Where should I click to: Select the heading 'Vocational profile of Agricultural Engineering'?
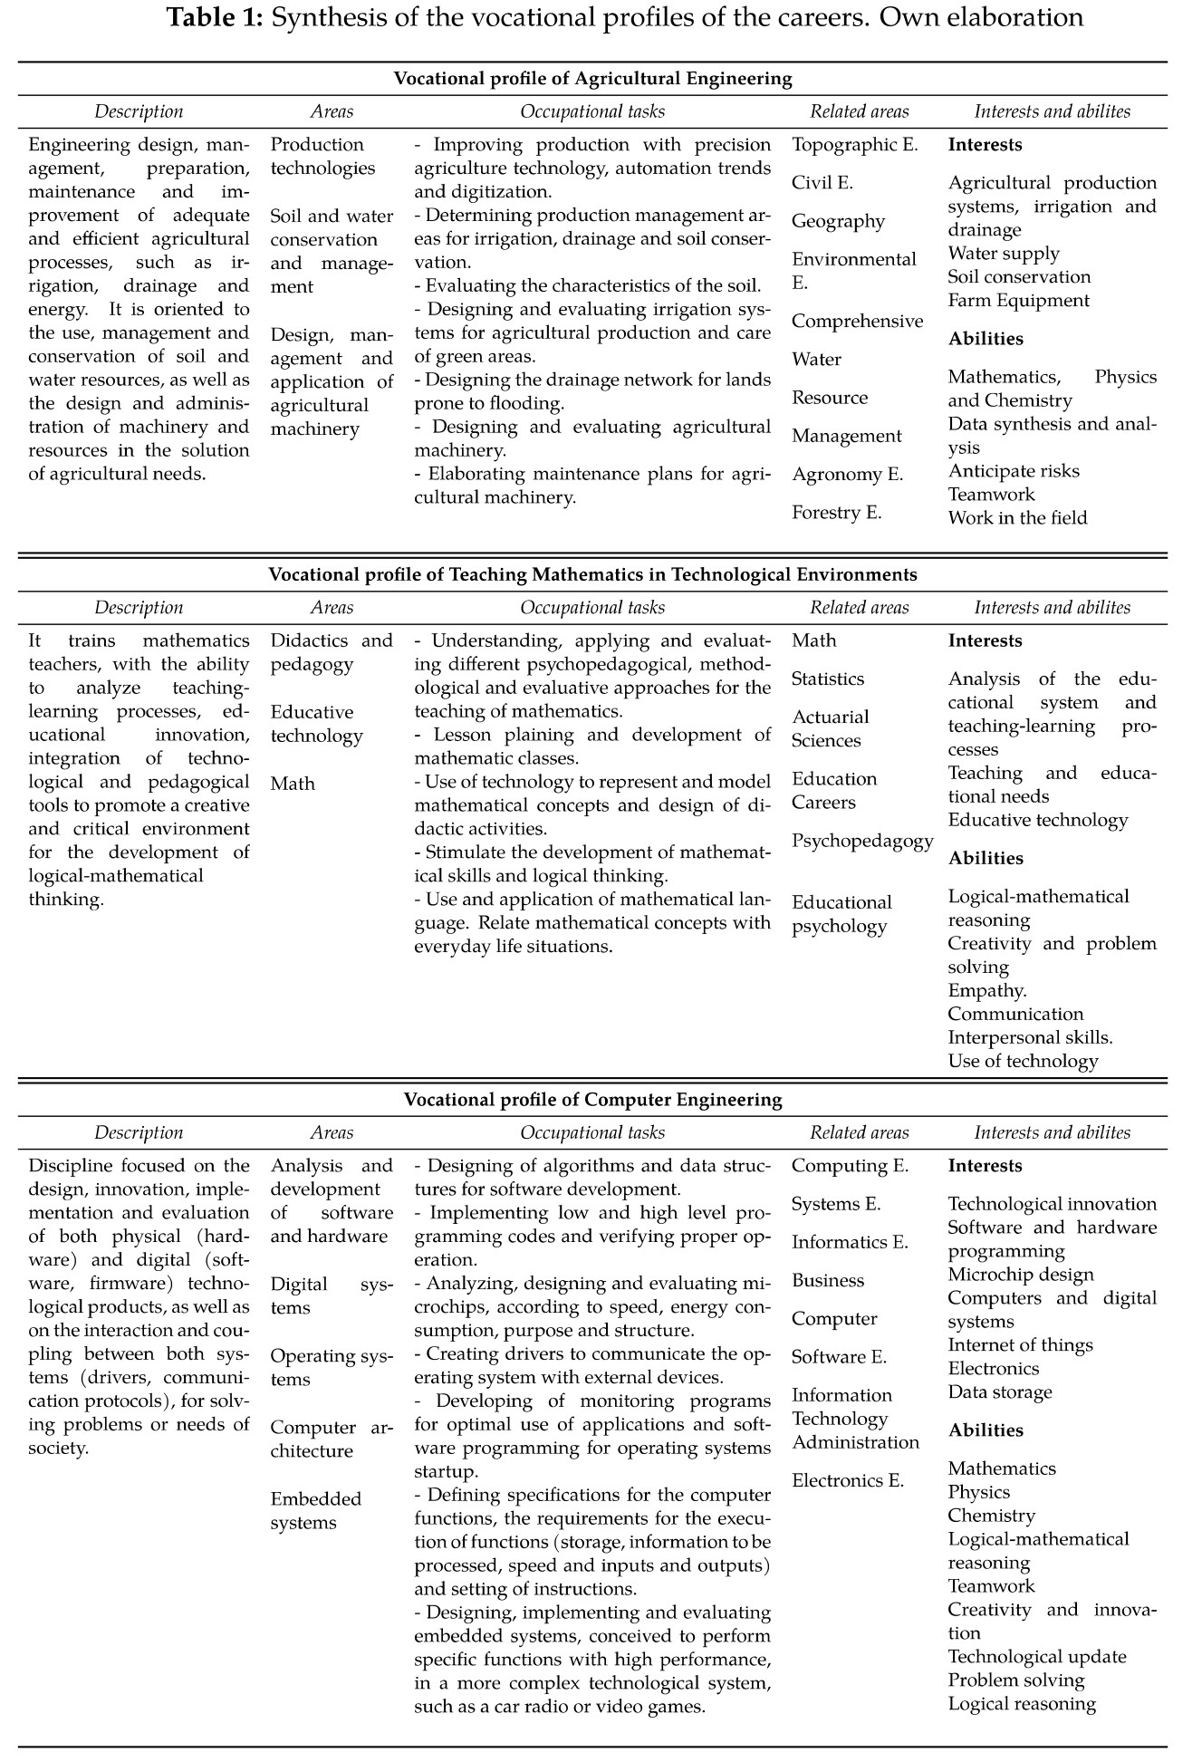(592, 78)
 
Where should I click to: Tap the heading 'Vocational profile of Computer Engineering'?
(592, 1100)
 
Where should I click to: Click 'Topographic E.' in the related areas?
(854, 145)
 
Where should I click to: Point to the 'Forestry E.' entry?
(836, 513)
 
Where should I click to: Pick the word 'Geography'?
(838, 222)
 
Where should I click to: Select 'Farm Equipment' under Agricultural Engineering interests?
(1018, 301)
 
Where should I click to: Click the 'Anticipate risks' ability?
(1014, 471)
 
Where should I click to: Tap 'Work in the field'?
(1017, 518)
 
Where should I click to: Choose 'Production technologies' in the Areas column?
(322, 157)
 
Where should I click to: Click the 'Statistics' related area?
(828, 679)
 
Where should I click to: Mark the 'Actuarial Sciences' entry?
(830, 729)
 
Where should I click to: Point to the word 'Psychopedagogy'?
(862, 841)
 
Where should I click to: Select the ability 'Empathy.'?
(987, 991)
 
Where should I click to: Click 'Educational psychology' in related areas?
(841, 914)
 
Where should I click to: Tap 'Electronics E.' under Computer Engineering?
(848, 1481)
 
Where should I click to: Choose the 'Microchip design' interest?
(1021, 1275)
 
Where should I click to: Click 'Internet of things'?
(1020, 1345)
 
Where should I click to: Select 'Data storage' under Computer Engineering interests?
(1000, 1392)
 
